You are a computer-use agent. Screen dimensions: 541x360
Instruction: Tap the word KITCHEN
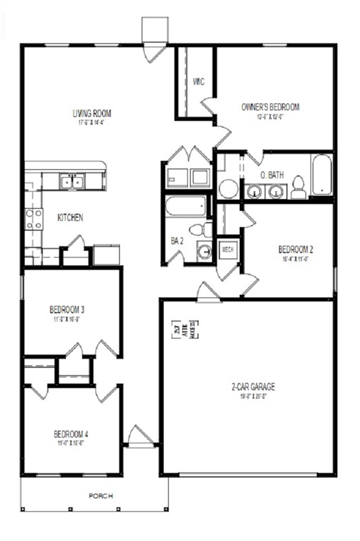(71, 217)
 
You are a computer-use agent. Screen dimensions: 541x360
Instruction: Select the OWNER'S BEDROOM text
(270, 107)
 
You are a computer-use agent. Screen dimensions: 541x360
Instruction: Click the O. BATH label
(271, 175)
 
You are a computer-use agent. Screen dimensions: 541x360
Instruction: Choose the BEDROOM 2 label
(295, 249)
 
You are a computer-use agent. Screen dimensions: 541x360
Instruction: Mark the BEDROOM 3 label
(67, 309)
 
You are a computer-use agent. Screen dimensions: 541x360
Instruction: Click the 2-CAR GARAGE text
(253, 386)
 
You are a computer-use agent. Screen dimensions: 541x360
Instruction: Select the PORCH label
(102, 496)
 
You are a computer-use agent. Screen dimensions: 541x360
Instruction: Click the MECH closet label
(227, 249)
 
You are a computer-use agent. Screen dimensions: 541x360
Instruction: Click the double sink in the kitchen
(73, 181)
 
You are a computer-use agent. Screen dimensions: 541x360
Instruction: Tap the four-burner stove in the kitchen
(33, 219)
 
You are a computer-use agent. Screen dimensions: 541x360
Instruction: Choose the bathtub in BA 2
(187, 207)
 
